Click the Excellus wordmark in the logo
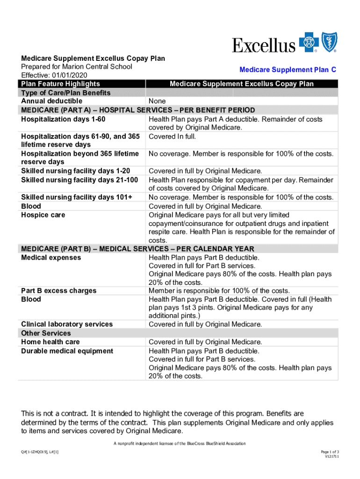pos(264,45)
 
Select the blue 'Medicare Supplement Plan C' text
pos(288,70)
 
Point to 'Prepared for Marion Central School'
pos(77,67)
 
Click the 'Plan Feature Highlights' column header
pos(60,84)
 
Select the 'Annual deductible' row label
pos(51,101)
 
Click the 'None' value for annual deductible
pos(157,101)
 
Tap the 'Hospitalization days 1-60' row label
pos(63,119)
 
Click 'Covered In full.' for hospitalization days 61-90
pos(172,137)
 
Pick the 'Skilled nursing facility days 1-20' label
pos(76,171)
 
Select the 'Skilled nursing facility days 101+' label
pos(77,197)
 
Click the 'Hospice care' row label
pos(43,215)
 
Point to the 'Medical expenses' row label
pos(51,258)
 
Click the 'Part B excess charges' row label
pos(59,291)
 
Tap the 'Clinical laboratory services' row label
pos(67,324)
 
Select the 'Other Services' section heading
pos(46,333)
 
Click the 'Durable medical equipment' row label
pos(67,351)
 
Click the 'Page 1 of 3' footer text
pos(330,451)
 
